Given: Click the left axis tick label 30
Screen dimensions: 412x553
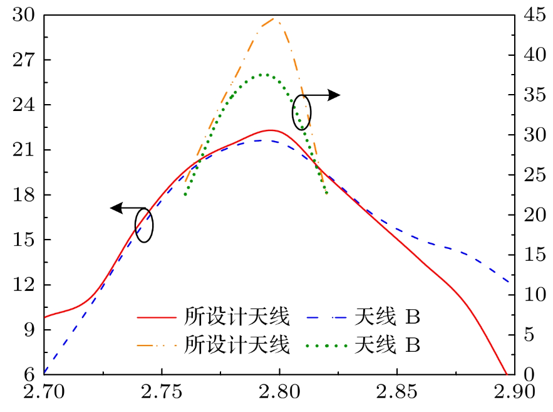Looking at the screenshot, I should pos(24,16).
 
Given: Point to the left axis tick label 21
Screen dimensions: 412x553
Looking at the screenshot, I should pos(24,151).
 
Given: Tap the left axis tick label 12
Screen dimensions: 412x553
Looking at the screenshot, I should pos(24,285).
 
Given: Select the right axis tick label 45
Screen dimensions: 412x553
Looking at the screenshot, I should pos(529,16).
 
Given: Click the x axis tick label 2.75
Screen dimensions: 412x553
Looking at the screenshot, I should pos(162,394).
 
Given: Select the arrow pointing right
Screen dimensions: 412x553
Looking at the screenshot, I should pos(323,95).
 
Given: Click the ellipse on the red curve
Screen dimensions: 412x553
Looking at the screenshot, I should pos(144,225).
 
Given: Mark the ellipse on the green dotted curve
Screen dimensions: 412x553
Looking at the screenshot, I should pos(301,113).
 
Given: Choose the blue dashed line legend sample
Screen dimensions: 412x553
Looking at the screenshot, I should pos(328,318).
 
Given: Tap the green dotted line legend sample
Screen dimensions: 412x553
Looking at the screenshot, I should pos(328,344).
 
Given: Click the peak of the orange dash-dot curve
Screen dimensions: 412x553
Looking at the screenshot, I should pos(274,19).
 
